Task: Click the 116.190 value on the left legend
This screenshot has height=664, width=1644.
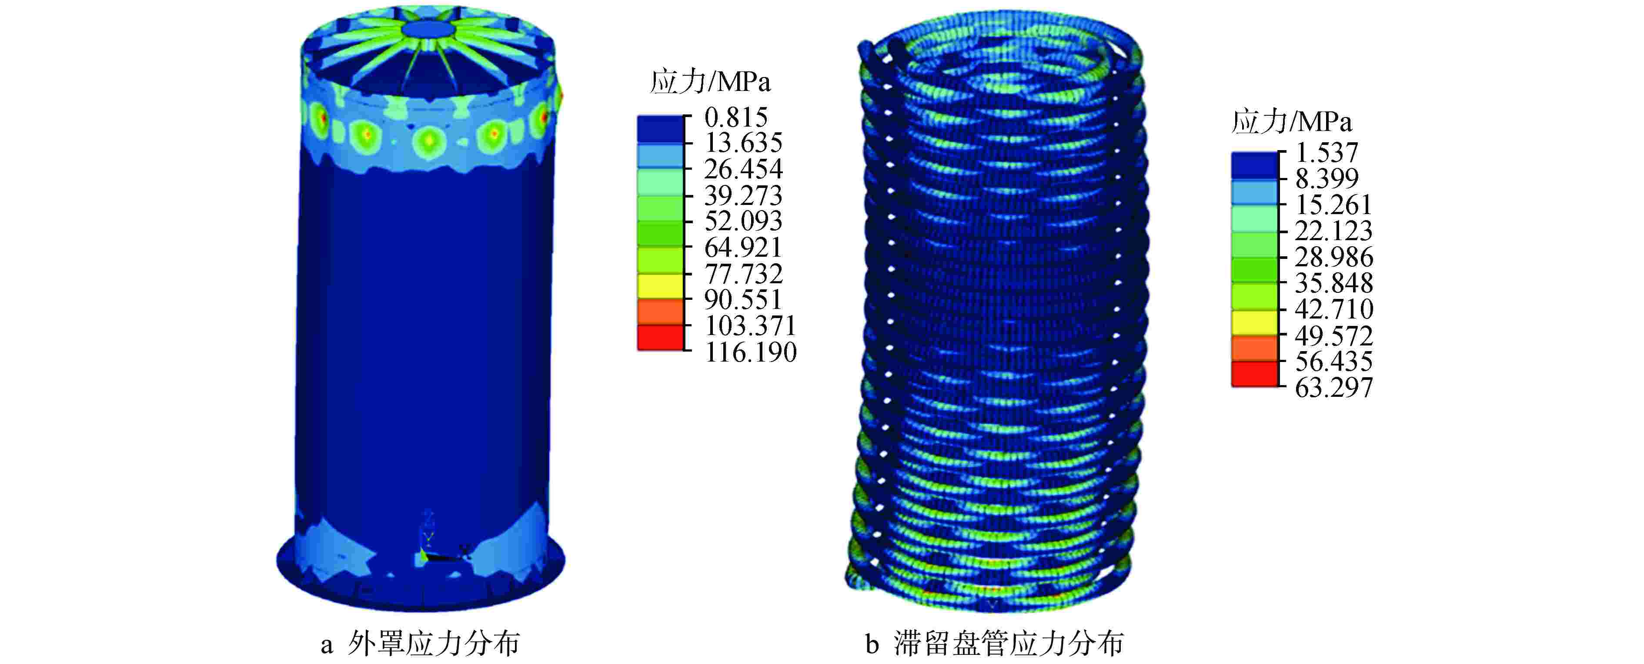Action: tap(751, 352)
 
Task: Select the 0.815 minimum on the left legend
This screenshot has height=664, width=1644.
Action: tap(736, 117)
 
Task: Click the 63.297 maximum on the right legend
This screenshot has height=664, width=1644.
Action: tap(1334, 388)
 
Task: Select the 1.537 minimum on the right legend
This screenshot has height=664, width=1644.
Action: tap(1327, 153)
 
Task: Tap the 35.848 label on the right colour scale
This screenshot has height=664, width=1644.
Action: tap(1334, 283)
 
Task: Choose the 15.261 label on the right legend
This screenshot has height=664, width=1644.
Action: tap(1334, 205)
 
